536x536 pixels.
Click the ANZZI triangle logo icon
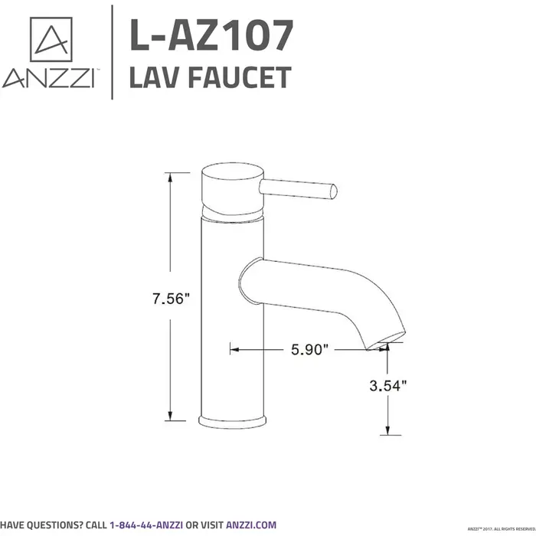[x=50, y=39]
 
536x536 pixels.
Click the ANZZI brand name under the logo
[x=49, y=78]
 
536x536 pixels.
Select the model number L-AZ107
[x=210, y=35]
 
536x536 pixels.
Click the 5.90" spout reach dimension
[x=309, y=350]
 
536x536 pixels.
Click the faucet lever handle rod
[x=299, y=188]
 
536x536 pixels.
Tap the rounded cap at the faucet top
[x=232, y=186]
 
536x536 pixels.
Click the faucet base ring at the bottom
[x=232, y=420]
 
